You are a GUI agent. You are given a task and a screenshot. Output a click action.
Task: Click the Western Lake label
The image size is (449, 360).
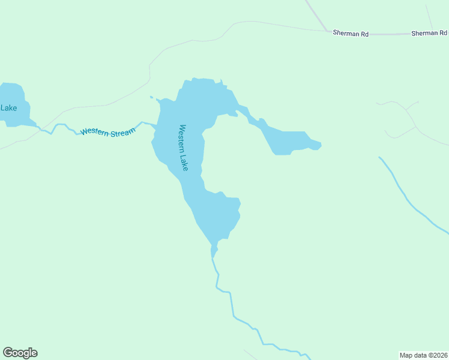[x=184, y=148]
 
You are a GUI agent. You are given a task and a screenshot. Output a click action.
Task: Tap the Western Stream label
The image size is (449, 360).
[x=107, y=131]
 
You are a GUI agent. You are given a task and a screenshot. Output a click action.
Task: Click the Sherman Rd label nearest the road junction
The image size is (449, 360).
[x=351, y=34]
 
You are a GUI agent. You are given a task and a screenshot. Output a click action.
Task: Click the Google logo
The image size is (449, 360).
[x=20, y=353]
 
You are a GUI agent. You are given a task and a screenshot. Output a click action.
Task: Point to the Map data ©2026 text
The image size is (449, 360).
[x=423, y=355]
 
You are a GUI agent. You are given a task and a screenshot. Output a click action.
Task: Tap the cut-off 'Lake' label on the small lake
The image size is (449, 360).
[x=8, y=108]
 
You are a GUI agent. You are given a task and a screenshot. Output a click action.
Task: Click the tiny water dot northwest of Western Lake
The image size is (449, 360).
[x=151, y=97]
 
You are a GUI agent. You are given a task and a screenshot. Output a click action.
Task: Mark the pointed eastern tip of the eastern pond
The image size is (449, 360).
[x=321, y=144]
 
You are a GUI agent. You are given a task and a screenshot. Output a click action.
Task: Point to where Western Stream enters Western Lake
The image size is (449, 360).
[x=155, y=127]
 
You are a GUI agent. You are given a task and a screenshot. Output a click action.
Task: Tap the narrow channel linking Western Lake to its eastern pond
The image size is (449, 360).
[x=246, y=112]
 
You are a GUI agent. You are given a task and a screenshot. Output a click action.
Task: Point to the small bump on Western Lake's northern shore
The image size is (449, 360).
[x=221, y=82]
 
